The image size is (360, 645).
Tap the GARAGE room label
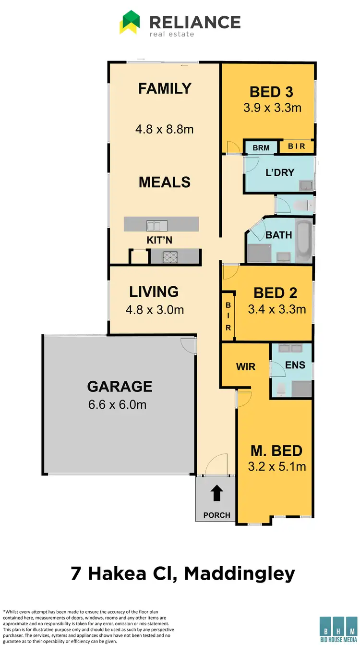[120, 386]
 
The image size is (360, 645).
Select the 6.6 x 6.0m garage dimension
[117, 404]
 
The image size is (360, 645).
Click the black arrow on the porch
[216, 493]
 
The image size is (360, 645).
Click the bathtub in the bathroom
[303, 239]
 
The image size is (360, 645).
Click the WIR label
[245, 367]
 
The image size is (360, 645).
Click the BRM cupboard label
[261, 148]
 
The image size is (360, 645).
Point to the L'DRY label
[280, 172]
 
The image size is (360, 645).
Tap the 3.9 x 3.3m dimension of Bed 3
[272, 108]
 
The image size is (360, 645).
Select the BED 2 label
[275, 292]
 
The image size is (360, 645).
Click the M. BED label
[276, 450]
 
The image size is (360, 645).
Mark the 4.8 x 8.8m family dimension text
[165, 129]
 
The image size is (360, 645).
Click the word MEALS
[165, 182]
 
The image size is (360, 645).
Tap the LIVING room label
[154, 292]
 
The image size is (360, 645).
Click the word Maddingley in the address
[240, 573]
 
